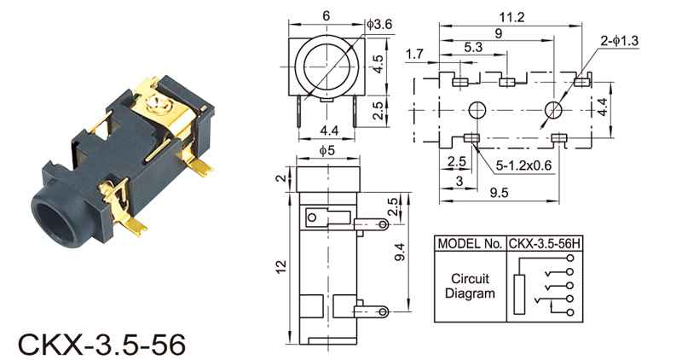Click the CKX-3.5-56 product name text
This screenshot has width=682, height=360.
tap(101, 345)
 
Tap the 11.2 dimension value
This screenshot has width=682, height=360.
tap(511, 17)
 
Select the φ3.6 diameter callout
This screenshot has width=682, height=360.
tap(379, 25)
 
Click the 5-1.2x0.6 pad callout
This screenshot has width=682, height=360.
tap(523, 165)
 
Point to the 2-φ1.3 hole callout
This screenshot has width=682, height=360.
tap(620, 41)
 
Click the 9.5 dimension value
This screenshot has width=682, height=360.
tap(499, 193)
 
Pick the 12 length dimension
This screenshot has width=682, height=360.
tap(282, 266)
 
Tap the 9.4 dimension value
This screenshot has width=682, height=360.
tap(399, 252)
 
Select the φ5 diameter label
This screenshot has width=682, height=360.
tap(327, 151)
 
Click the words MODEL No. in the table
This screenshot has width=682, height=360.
tap(470, 244)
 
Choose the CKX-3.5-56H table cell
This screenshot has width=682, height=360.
tap(544, 244)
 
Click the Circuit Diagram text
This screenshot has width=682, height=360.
tap(470, 286)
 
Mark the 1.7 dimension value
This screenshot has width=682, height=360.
tap(414, 54)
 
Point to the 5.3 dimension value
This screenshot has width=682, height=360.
tap(473, 47)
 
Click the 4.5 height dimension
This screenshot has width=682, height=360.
tap(379, 64)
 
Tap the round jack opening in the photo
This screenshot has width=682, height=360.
tap(55, 220)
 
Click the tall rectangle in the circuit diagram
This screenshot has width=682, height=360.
tap(519, 294)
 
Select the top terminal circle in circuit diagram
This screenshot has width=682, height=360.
tap(570, 258)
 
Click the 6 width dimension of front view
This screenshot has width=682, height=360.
tap(327, 15)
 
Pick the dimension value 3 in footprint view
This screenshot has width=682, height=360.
tap(459, 181)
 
